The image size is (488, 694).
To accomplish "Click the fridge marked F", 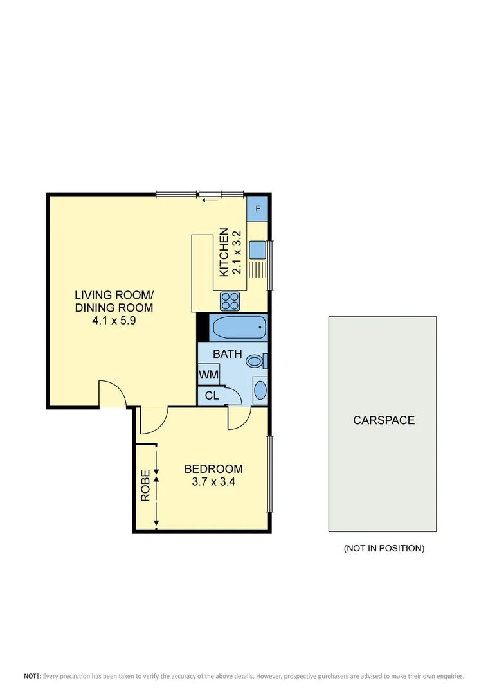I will tap(257, 208).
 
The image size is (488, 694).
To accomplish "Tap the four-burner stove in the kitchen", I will tap(230, 300).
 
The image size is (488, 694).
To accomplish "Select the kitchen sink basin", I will tap(258, 249).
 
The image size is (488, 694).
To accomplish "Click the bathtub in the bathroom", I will tap(239, 328).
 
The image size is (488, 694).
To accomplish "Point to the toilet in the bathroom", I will tap(255, 361).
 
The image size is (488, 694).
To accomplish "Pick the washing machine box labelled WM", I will tap(208, 374).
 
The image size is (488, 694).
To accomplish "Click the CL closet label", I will tap(212, 396).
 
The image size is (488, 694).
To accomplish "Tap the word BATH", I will tap(228, 353).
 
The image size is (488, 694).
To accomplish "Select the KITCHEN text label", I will tap(224, 253).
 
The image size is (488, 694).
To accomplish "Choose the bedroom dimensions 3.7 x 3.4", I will tap(213, 481).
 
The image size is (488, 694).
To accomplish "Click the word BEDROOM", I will tap(213, 468).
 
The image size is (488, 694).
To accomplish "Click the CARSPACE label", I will tap(384, 420).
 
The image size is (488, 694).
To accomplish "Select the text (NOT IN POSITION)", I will tap(384, 548).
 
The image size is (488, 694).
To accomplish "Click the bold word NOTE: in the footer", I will tap(33, 676).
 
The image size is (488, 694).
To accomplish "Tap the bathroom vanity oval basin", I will tap(260, 390).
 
